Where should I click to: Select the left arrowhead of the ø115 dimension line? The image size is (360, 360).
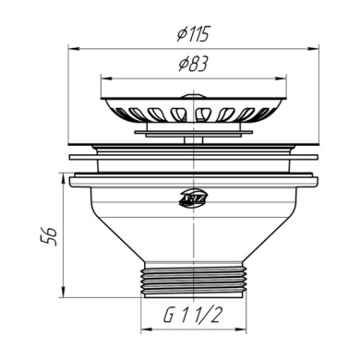74,45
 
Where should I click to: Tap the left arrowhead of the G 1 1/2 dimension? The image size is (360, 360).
144,328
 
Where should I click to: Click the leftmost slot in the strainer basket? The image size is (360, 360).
118,113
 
